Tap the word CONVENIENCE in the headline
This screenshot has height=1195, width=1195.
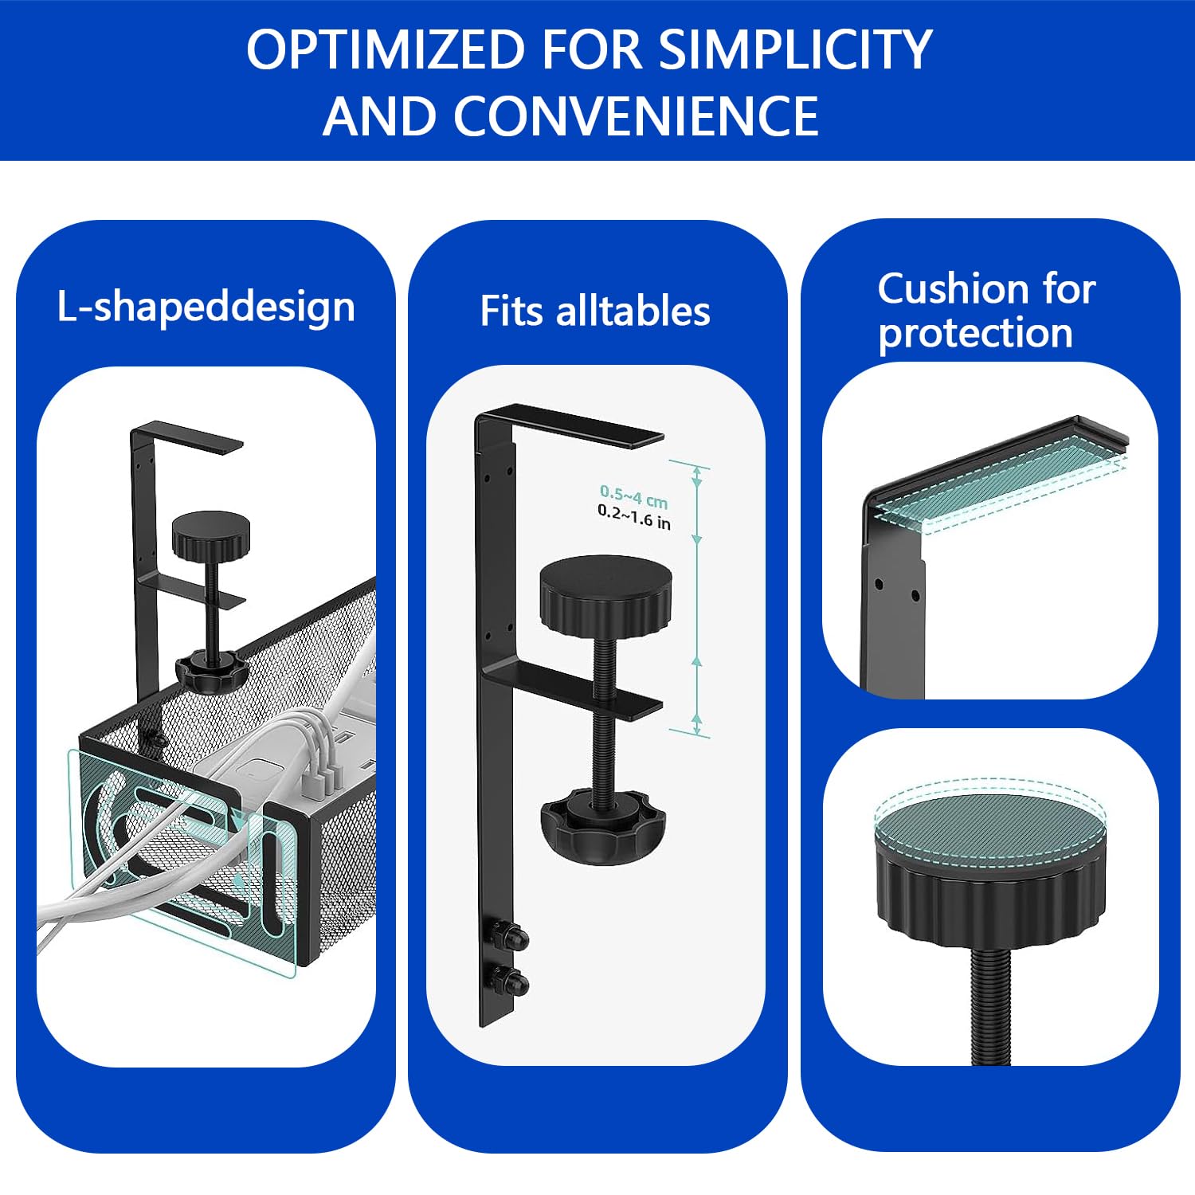point(636,116)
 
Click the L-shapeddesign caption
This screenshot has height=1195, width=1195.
point(206,308)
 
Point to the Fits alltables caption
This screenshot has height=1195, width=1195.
point(594,311)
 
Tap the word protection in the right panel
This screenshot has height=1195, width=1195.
point(975,333)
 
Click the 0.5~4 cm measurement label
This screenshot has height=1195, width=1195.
point(633,497)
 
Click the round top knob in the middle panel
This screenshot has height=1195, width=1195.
point(605,594)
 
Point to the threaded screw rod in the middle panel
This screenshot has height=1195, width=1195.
point(605,717)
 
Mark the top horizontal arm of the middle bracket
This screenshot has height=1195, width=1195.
point(570,425)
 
